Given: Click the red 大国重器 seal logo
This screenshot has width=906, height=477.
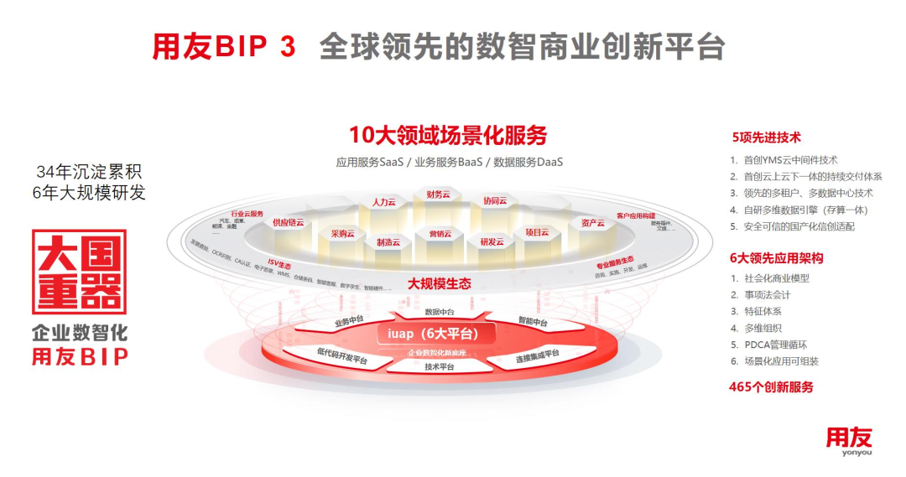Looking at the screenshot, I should [x=79, y=272].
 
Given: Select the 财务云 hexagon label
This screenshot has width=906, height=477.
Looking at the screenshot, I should [x=439, y=194].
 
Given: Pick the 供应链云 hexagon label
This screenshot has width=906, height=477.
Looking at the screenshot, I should [x=288, y=222].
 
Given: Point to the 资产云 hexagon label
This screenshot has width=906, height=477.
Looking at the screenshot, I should [x=592, y=223].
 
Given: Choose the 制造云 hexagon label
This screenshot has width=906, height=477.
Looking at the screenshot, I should [x=388, y=241].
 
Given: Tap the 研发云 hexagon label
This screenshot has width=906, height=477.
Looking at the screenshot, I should [x=492, y=241].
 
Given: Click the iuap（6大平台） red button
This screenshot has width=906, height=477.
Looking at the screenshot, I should [x=433, y=334].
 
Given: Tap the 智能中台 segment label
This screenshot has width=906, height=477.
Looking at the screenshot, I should [x=533, y=322].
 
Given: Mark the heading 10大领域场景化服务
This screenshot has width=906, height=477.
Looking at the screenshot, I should [x=448, y=135].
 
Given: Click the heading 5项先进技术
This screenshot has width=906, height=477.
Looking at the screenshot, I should [x=766, y=137].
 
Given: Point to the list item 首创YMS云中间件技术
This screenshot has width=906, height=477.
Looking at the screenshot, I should [x=789, y=159].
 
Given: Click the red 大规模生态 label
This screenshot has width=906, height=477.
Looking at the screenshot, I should [x=439, y=284].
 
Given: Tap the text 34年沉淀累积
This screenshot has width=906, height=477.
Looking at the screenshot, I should [x=89, y=172].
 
